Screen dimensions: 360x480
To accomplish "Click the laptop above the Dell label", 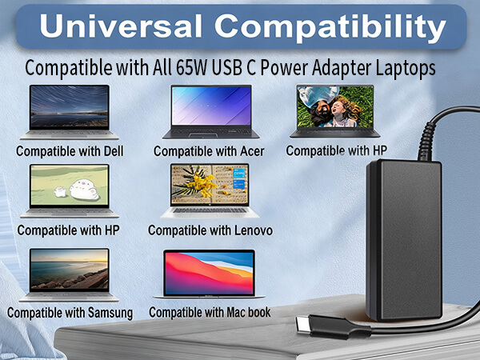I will coord(69,111).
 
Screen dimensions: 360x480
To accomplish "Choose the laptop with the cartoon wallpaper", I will coord(69,190).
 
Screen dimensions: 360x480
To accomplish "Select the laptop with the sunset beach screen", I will coord(69,270).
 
